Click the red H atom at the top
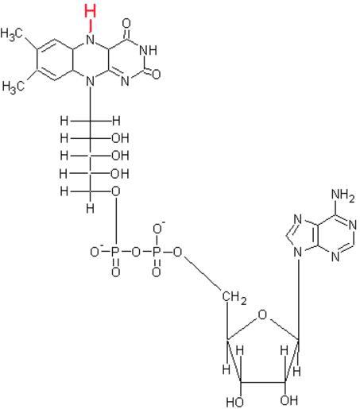[x=90, y=11]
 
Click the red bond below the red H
[x=91, y=27]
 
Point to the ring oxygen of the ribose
[x=262, y=315]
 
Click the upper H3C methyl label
[x=11, y=34]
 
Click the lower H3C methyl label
[x=14, y=87]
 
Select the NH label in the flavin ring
[x=148, y=50]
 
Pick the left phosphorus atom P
[x=115, y=253]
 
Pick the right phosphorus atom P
[x=157, y=253]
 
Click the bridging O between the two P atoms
[x=136, y=253]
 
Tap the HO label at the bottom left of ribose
[x=234, y=403]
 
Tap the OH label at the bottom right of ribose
[x=289, y=400]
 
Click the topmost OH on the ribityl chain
[x=120, y=138]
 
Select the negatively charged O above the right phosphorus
[x=158, y=228]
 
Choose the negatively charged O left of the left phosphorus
[x=96, y=251]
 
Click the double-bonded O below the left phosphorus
[x=116, y=272]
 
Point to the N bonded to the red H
[x=91, y=41]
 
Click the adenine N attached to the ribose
[x=298, y=253]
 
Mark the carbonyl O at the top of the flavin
[x=127, y=24]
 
